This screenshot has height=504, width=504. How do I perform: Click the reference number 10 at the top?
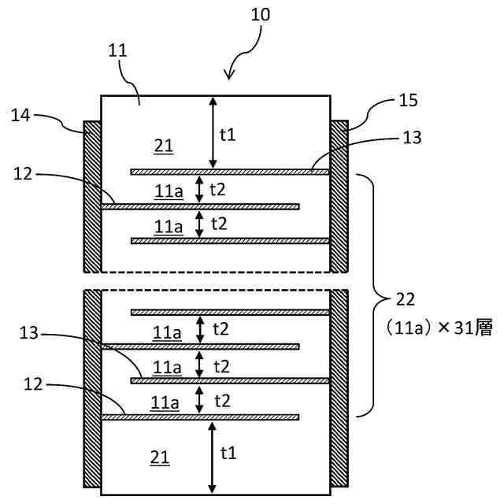pos(261,15)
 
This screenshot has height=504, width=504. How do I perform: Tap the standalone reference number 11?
pos(117,50)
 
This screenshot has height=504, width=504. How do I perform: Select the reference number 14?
pos(20,115)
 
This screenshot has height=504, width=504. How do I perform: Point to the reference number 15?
pos(408,100)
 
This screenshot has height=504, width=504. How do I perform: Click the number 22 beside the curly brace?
pos(406,299)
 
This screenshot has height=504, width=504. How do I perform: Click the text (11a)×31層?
pos(439,328)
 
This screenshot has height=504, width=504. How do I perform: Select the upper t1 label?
pos(228,135)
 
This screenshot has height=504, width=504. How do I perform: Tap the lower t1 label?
pos(228,453)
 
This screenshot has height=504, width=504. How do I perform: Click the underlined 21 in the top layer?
pos(164,146)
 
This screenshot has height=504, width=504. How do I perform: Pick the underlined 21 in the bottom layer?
pos(160,458)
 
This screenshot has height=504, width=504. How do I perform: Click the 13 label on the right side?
pos(412,138)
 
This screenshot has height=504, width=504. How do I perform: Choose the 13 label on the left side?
pos(28,333)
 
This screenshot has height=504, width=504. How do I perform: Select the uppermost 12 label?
pos(23,174)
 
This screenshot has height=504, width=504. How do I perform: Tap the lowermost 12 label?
pos(33,384)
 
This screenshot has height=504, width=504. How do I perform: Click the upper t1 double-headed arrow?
pos(213,133)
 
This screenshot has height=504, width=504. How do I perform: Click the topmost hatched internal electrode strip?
pos(230,172)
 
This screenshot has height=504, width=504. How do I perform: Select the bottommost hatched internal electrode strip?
pos(200,417)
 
